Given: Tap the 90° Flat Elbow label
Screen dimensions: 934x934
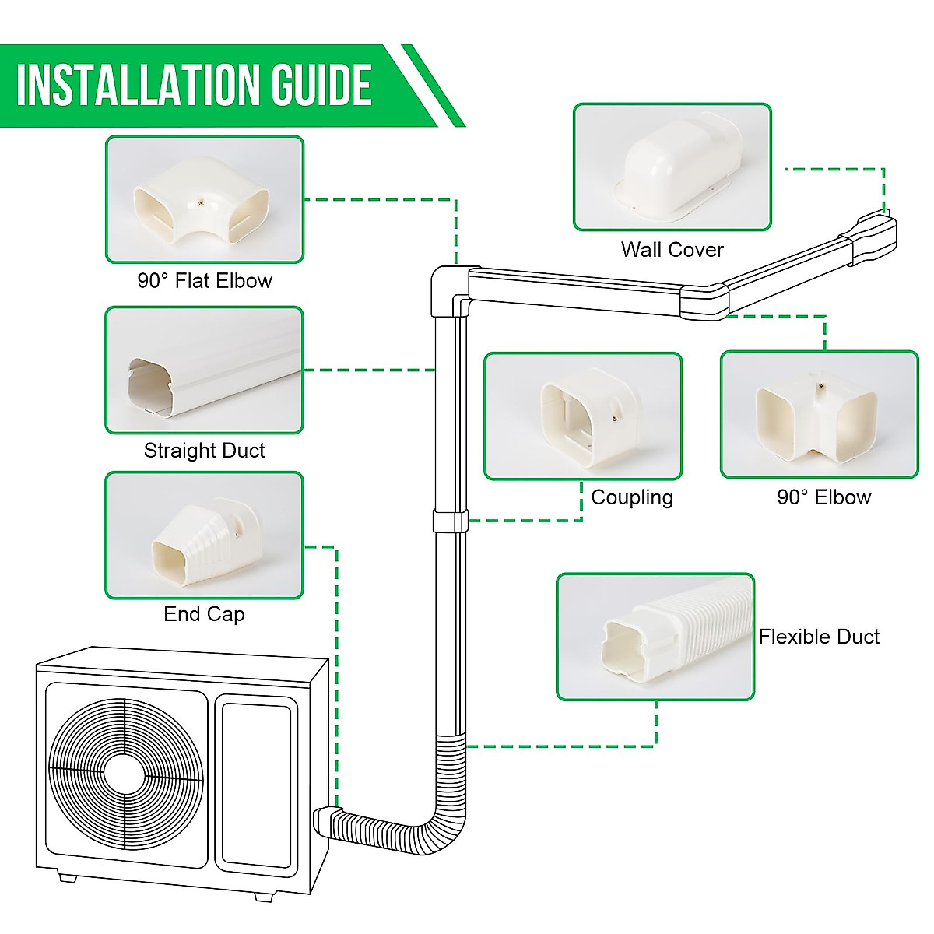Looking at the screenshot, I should pos(205,281).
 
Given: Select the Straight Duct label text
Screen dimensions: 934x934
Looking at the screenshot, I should pos(204,451).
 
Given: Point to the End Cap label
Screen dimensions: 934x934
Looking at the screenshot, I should pos(204,614).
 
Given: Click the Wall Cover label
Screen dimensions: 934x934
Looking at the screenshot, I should pos(672,250).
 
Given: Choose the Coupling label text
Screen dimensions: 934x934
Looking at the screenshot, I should pos(631,497).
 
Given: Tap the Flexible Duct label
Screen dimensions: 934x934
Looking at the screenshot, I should pos(819,637).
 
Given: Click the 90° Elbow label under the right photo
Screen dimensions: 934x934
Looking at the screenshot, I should pos(823,497).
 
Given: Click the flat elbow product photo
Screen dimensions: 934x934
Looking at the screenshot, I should pos(205,200).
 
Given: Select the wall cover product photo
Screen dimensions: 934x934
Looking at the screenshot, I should pos(672,167).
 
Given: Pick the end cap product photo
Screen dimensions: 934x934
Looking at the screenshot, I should pos(204,535).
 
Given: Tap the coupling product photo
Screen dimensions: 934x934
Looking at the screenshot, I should pos(583,416).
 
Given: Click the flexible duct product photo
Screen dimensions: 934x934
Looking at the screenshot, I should pos(655,637).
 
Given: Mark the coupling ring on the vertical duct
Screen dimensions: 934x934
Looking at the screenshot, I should pos(451,521).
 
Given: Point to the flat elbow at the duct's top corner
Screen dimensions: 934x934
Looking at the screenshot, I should pos(450,290).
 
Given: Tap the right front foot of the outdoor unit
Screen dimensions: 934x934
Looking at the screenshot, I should pos(264,896).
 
